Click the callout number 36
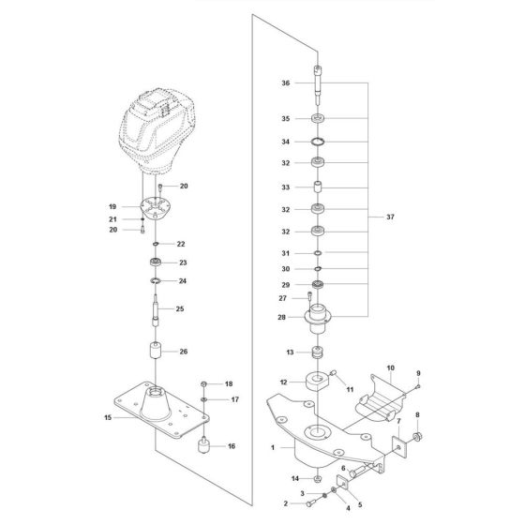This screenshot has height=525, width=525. tap(285, 83)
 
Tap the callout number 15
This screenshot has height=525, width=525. tap(108, 417)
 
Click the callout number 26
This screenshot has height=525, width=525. tap(184, 352)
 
